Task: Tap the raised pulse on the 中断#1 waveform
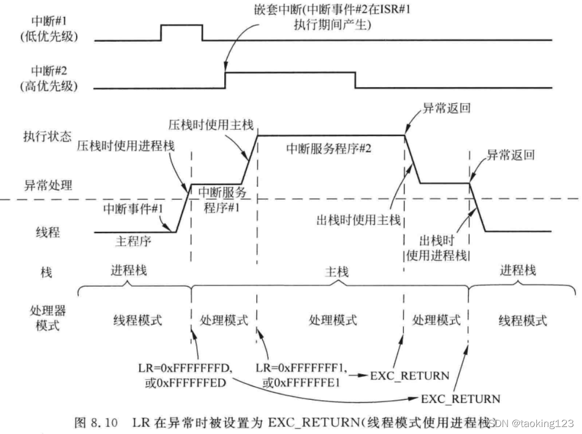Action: (182, 32)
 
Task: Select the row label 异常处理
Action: (48, 185)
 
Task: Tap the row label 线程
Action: (48, 233)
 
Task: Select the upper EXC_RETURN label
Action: (410, 376)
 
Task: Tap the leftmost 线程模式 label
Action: (137, 320)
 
